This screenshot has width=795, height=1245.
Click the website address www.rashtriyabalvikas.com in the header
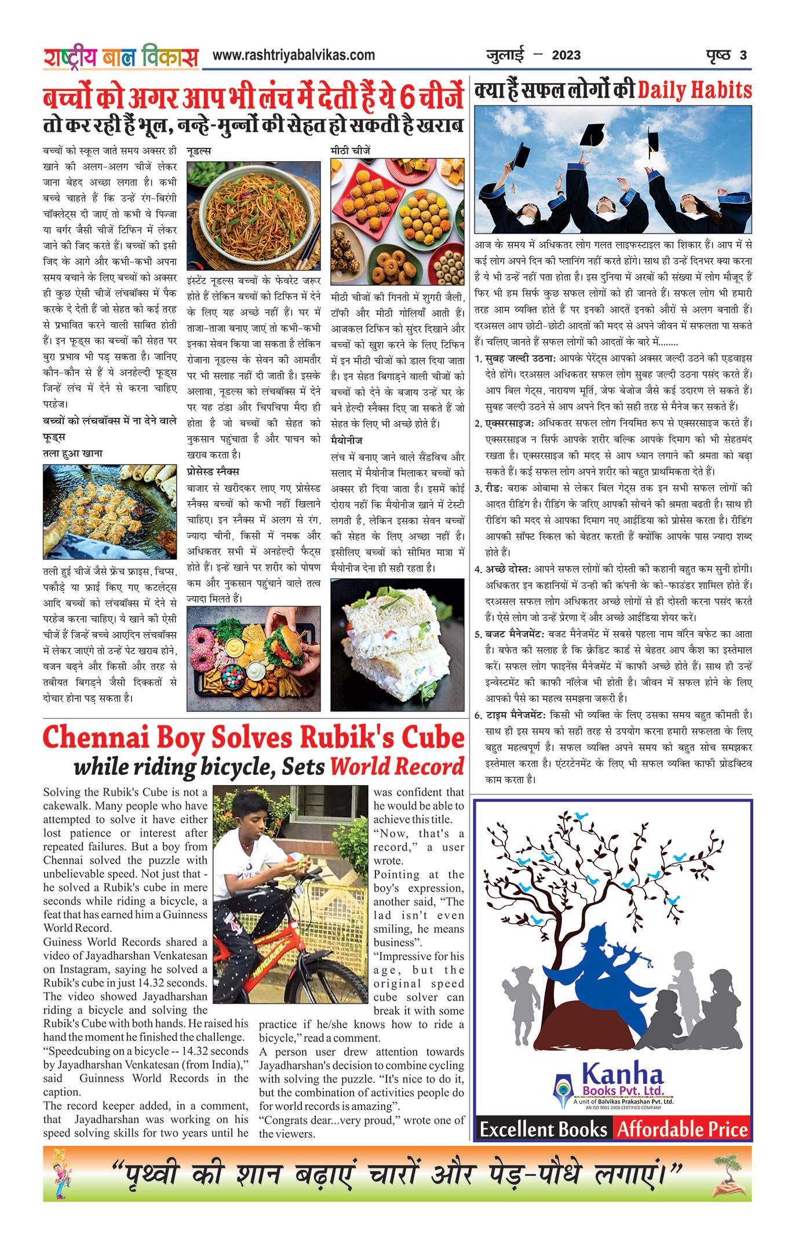point(293,55)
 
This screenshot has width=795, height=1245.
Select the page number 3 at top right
point(743,56)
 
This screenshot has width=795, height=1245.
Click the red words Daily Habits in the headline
point(694,90)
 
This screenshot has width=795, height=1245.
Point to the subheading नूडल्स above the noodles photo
point(199,151)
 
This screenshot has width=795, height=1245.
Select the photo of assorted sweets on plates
point(397,222)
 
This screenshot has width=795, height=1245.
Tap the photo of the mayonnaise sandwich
point(397,644)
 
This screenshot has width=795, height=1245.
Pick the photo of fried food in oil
point(110,511)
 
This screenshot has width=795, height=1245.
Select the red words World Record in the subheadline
point(397,767)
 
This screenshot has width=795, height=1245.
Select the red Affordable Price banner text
point(682,1129)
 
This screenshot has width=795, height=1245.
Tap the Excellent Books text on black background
point(543,1129)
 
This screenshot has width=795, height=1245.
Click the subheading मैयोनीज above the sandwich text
point(347,441)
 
